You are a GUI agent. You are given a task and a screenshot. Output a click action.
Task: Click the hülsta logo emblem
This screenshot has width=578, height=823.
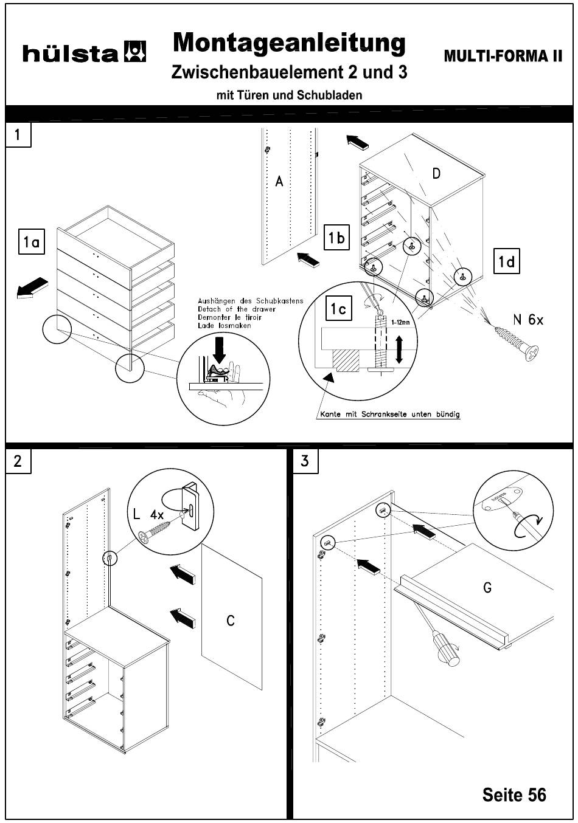135,52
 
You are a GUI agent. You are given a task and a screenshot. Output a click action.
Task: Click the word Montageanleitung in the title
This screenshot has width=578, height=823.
289,43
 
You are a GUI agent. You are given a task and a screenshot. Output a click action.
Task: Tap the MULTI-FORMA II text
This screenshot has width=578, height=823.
503,57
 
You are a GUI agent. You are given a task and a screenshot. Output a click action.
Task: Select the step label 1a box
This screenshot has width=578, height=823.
32,243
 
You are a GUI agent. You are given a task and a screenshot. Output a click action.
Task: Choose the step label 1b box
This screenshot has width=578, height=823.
336,238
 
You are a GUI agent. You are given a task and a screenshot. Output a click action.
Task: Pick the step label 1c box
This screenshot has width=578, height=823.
339,309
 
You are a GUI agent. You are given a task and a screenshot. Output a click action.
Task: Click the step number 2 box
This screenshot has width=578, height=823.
18,461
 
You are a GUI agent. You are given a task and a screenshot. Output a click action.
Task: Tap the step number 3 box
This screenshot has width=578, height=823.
305,461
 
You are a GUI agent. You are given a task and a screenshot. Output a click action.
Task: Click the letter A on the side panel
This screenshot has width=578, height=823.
279,181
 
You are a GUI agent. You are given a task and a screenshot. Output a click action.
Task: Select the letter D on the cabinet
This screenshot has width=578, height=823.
437,174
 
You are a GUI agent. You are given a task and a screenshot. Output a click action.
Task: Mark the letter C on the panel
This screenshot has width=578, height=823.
231,621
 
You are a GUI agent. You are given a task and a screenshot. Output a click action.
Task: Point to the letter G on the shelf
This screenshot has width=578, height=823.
487,588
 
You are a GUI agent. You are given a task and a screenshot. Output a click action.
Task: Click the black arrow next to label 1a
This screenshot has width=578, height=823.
33,288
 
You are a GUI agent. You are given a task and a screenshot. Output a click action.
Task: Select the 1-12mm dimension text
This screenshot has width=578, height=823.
400,323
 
